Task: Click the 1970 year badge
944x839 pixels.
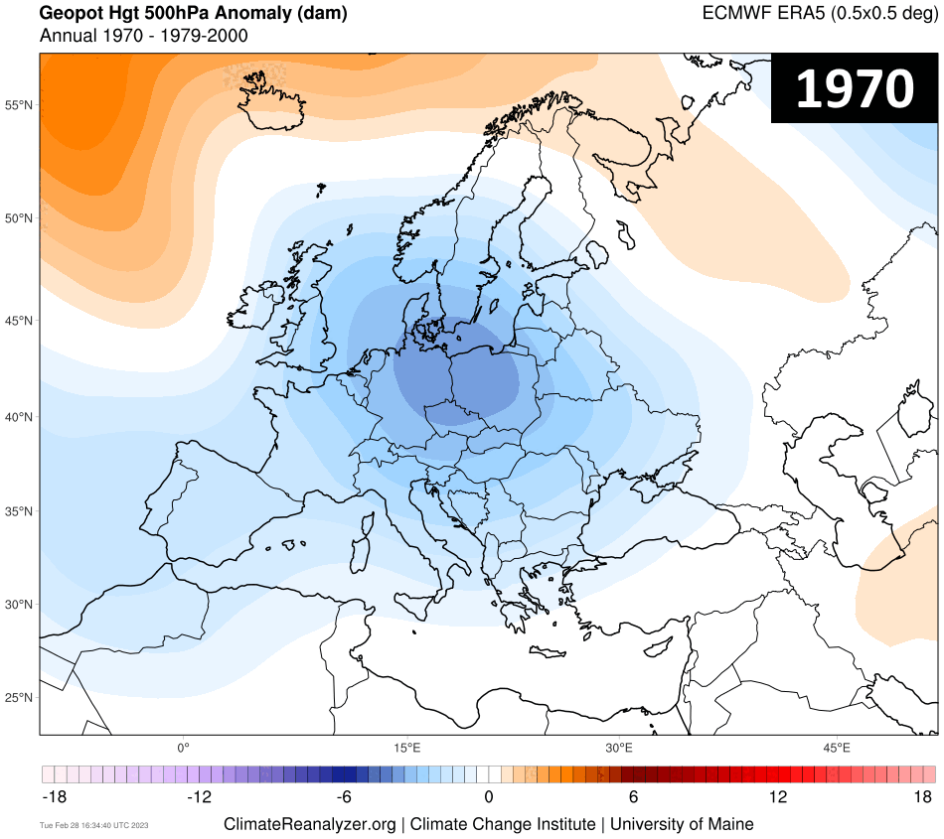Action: [855, 89]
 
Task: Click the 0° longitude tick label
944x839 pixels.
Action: [183, 747]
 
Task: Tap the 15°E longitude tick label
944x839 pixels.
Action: [404, 747]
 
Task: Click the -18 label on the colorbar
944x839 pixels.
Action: [55, 796]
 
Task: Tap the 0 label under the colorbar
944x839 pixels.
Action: [489, 796]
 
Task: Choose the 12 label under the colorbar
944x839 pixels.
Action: [777, 796]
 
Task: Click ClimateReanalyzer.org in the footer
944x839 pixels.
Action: [312, 824]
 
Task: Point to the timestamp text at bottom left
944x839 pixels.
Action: [93, 825]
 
